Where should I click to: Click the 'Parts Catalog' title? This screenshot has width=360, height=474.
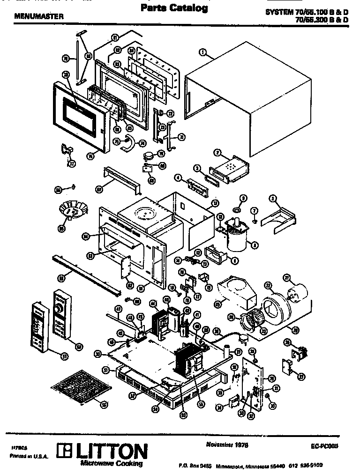click(x=174, y=8)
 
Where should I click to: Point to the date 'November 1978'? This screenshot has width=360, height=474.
click(x=226, y=444)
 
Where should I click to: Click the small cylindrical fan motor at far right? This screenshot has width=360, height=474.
click(x=296, y=287)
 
